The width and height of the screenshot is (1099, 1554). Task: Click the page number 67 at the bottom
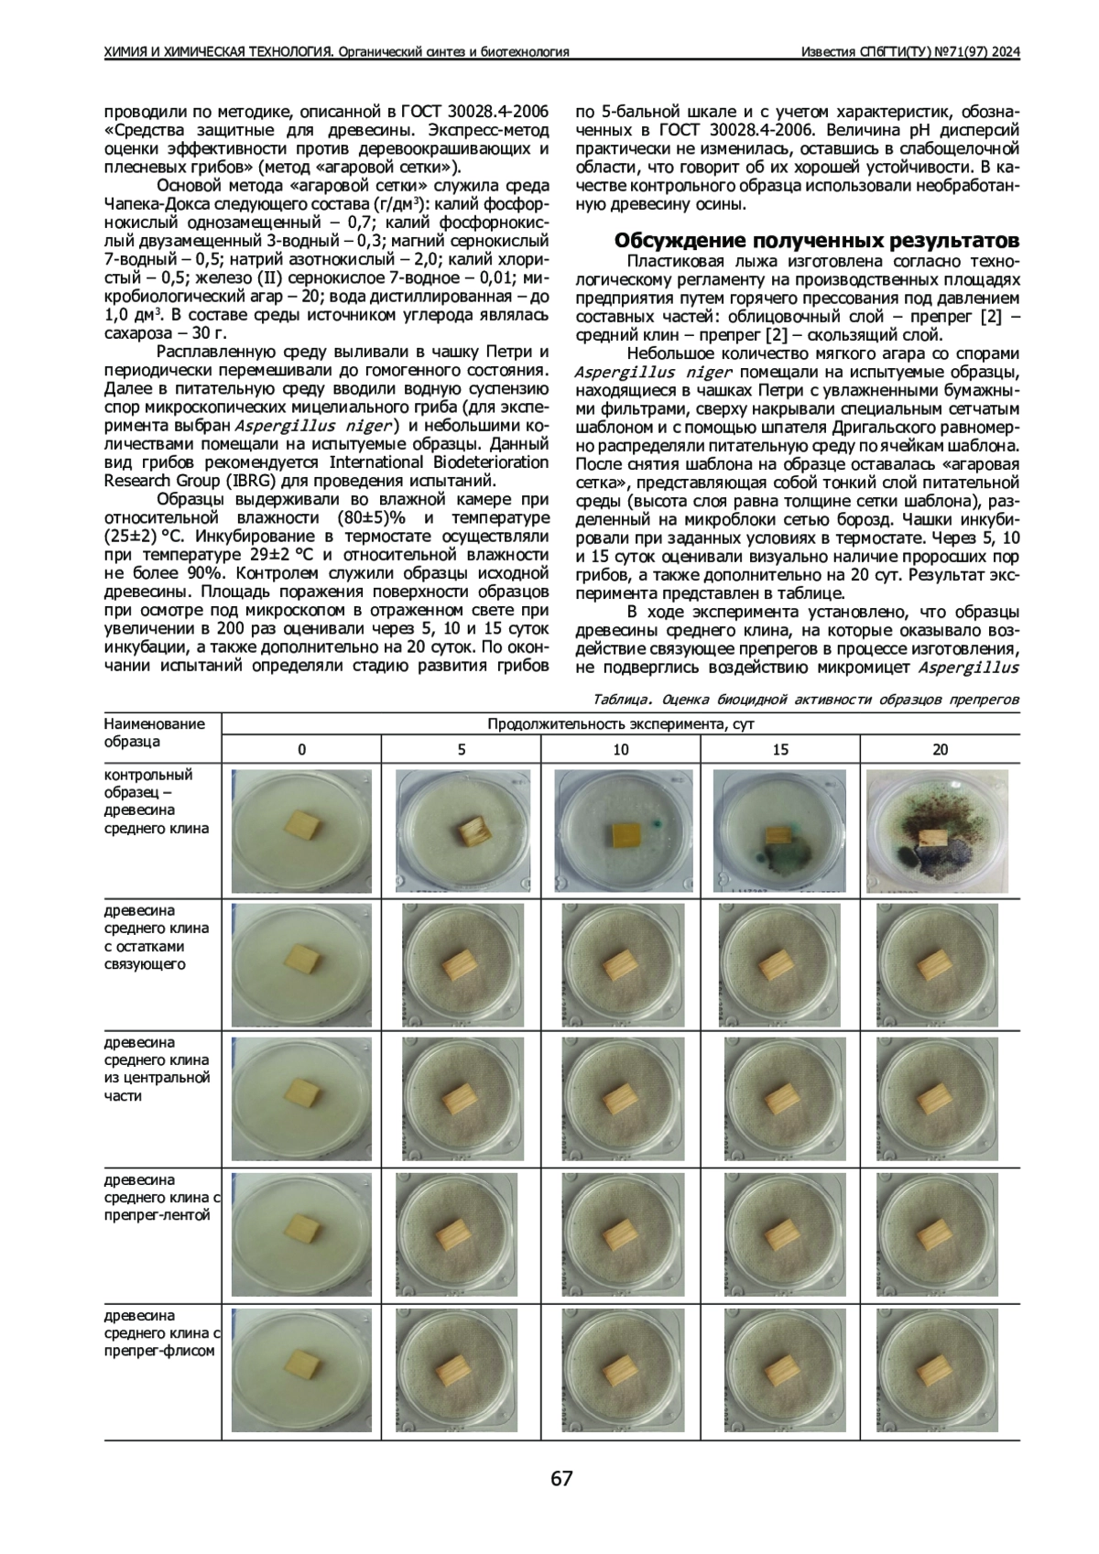[561, 1478]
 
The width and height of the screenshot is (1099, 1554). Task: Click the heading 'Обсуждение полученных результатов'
[815, 241]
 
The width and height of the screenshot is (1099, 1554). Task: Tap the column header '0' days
[302, 749]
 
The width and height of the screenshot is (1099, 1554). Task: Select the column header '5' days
[461, 749]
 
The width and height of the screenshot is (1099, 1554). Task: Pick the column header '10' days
[621, 749]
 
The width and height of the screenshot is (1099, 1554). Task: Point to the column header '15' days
[780, 749]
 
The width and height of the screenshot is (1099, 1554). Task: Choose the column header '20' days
[940, 749]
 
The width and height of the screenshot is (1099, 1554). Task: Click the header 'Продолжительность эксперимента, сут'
[621, 724]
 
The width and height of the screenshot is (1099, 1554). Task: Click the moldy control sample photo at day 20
[941, 832]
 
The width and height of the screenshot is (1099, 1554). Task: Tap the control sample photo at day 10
[621, 832]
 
